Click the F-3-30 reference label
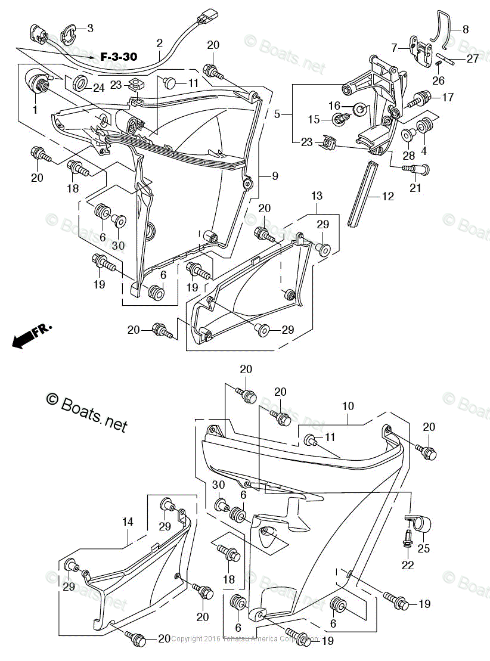click(x=119, y=57)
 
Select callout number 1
click(x=35, y=110)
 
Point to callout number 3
click(x=90, y=28)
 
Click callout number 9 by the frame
click(x=275, y=176)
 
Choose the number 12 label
click(x=388, y=196)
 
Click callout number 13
click(x=317, y=195)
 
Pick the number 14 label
click(x=128, y=522)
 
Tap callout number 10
click(x=348, y=406)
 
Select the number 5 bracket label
click(x=277, y=113)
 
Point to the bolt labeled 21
click(x=417, y=170)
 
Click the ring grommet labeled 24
click(x=79, y=82)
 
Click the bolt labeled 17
click(x=420, y=98)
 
